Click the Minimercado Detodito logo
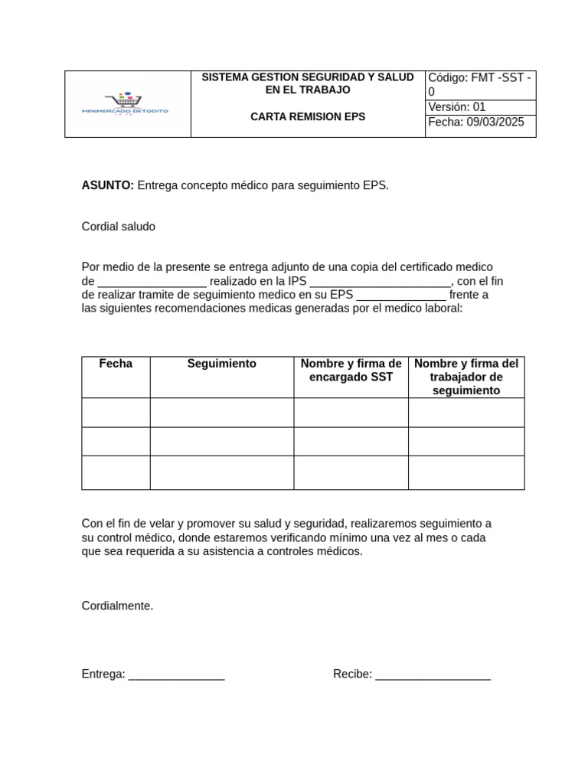point(125,105)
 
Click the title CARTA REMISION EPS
point(308,117)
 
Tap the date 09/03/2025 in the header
point(495,122)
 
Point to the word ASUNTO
point(107,185)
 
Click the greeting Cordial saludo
point(119,227)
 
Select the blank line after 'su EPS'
point(401,296)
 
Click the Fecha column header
point(116,364)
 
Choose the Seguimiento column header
point(221,364)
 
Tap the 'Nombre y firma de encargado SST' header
point(351,371)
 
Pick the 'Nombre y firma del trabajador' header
point(465,377)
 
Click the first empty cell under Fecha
point(116,413)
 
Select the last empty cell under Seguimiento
point(221,472)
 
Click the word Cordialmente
point(117,606)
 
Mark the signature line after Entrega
point(176,675)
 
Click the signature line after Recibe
point(433,675)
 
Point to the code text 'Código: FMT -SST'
point(475,78)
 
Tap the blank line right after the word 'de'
point(152,282)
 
